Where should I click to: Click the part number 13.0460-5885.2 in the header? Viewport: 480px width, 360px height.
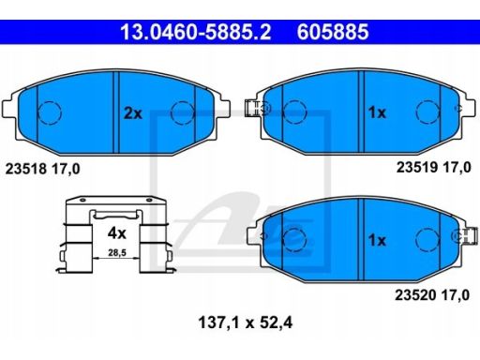click(196, 32)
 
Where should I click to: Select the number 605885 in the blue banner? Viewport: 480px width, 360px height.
click(333, 32)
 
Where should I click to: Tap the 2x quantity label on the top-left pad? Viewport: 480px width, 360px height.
click(133, 113)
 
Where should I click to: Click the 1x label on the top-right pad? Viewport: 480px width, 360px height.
click(377, 112)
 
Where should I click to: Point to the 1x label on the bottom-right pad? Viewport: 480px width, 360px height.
click(377, 240)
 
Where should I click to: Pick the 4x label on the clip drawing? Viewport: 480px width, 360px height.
click(116, 233)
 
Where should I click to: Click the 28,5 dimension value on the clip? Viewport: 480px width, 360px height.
click(117, 252)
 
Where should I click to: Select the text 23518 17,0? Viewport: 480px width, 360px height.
click(42, 169)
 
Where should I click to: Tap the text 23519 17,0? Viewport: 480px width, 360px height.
click(434, 168)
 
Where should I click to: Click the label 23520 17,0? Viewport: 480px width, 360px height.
click(432, 295)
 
